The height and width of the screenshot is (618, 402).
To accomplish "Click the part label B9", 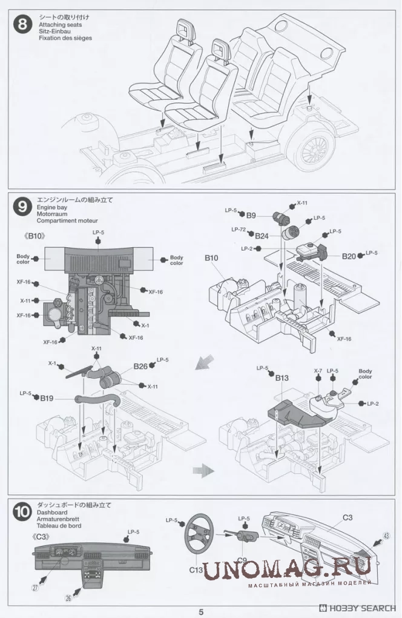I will point(251,214).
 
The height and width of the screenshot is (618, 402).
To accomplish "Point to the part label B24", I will point(262,235).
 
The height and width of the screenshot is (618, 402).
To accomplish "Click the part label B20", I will point(349,256).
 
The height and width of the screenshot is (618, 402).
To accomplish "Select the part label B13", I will point(282,378).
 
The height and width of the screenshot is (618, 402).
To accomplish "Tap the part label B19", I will point(47,398).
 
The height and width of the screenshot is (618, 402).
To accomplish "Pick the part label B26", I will point(140,367).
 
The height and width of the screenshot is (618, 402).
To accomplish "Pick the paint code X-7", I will point(318,371).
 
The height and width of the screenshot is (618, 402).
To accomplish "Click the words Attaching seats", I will point(55,25).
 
